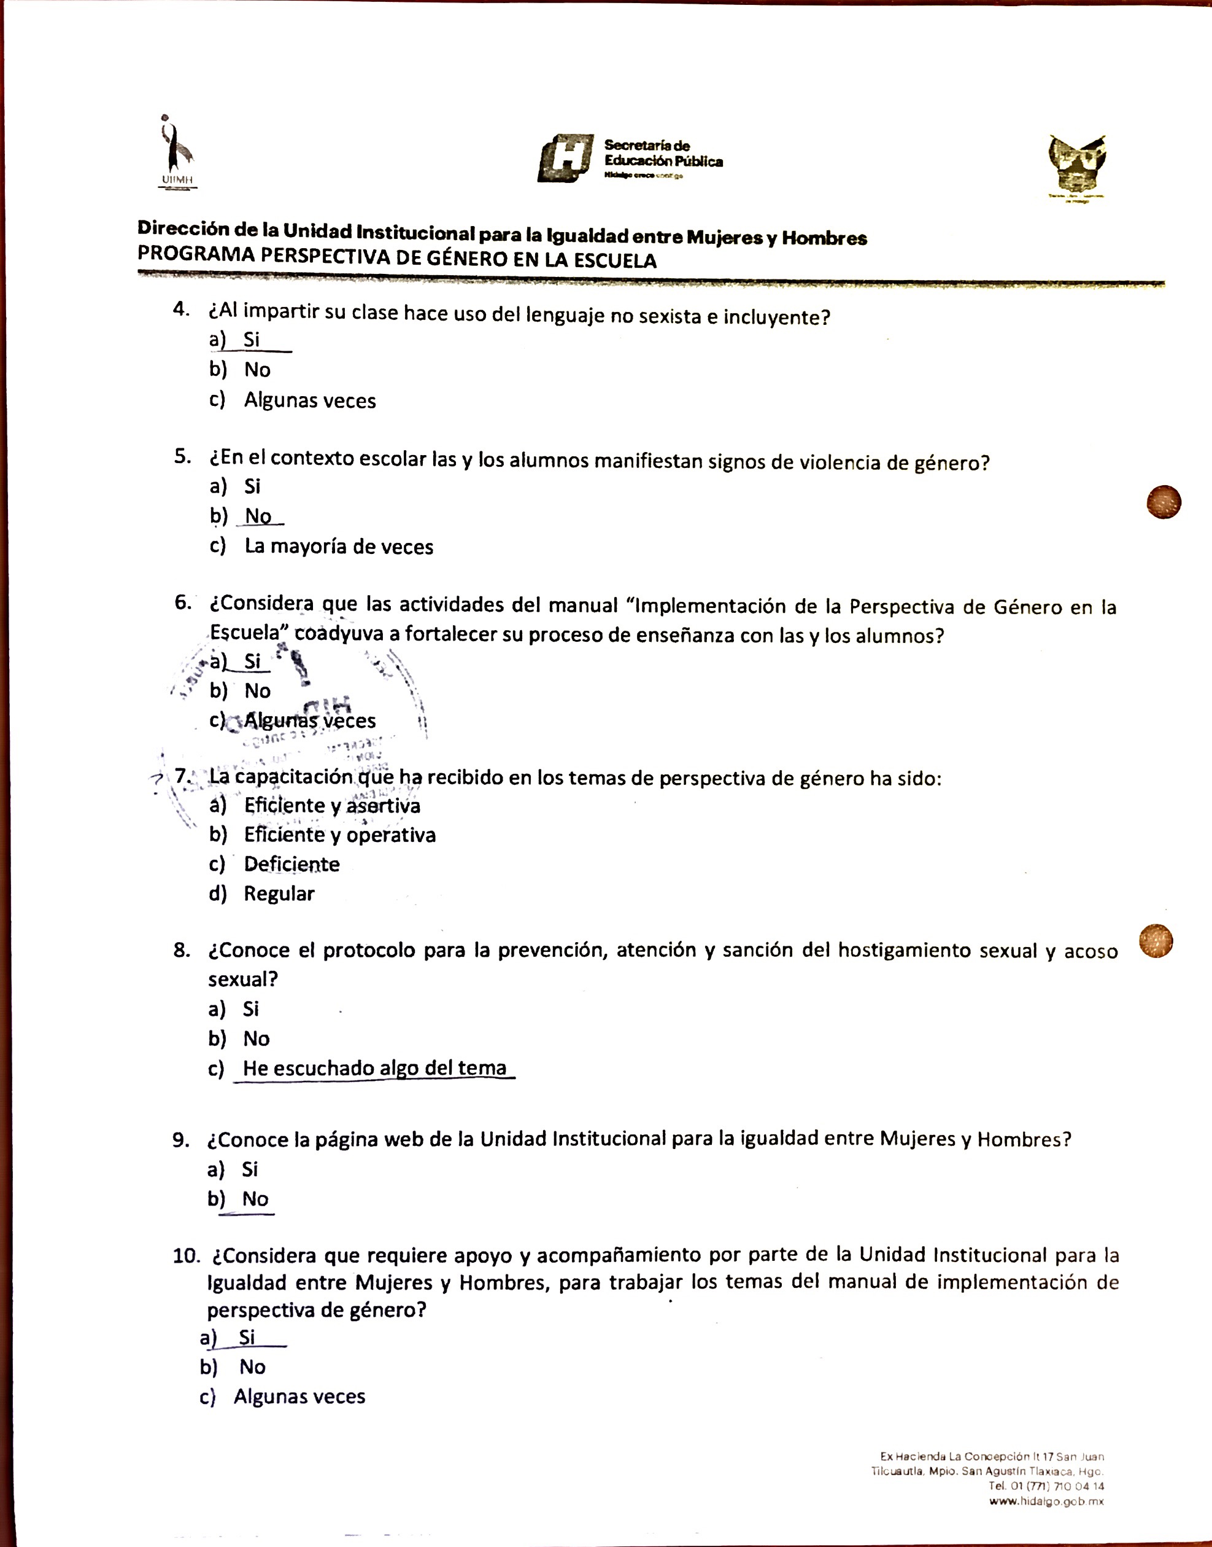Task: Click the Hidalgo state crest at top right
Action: [1077, 165]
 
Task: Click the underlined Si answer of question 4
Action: [252, 340]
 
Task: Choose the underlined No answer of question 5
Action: [258, 516]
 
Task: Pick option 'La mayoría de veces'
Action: [339, 547]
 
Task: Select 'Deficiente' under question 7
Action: [291, 864]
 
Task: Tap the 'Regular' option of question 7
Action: [279, 894]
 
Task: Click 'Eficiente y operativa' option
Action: [340, 835]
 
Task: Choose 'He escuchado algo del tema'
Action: [375, 1068]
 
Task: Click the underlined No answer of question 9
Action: [255, 1199]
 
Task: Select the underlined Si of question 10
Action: [247, 1338]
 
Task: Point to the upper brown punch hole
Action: [1164, 502]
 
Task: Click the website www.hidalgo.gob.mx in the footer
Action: [1047, 1501]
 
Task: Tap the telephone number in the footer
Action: [1046, 1486]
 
